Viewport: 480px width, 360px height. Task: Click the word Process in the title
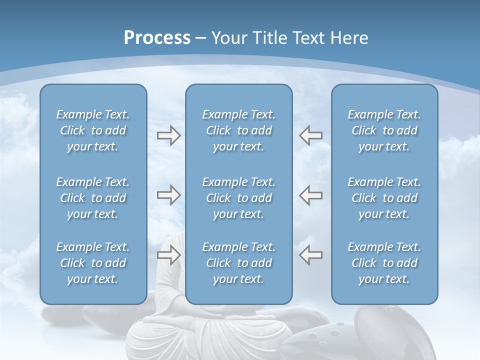pyautogui.click(x=157, y=38)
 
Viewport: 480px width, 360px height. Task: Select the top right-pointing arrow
pyautogui.click(x=168, y=135)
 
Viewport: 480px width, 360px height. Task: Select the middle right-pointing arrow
pyautogui.click(x=168, y=195)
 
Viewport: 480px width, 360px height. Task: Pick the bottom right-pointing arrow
pyautogui.click(x=168, y=255)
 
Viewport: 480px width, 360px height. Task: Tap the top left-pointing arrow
pyautogui.click(x=310, y=135)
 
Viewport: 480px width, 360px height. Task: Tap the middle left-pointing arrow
pyautogui.click(x=310, y=195)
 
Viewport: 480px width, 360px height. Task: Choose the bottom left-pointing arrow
pyautogui.click(x=310, y=255)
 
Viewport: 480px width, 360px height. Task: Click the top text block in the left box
pyautogui.click(x=93, y=130)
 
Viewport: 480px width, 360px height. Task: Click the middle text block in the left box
pyautogui.click(x=93, y=198)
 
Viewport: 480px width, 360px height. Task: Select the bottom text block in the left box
pyautogui.click(x=93, y=263)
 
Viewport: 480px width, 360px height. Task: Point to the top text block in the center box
pyautogui.click(x=238, y=130)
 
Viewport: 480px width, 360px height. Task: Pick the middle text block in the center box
pyautogui.click(x=238, y=198)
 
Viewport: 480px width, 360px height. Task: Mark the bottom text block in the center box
pyautogui.click(x=238, y=263)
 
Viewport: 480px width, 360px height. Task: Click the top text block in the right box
pyautogui.click(x=384, y=130)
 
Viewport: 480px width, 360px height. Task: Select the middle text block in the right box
pyautogui.click(x=384, y=198)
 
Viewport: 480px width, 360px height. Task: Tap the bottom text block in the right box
pyautogui.click(x=384, y=263)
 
